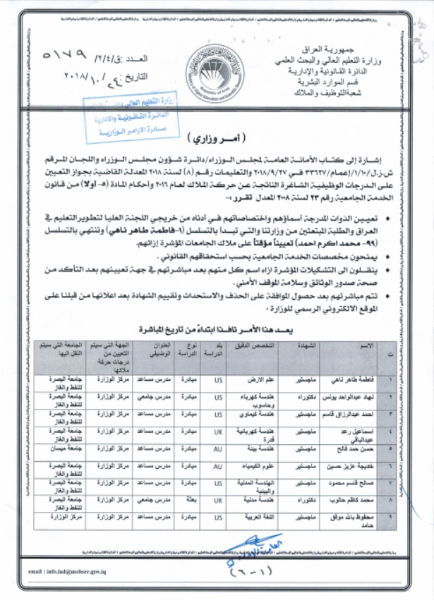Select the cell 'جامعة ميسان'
[x=61, y=448]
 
